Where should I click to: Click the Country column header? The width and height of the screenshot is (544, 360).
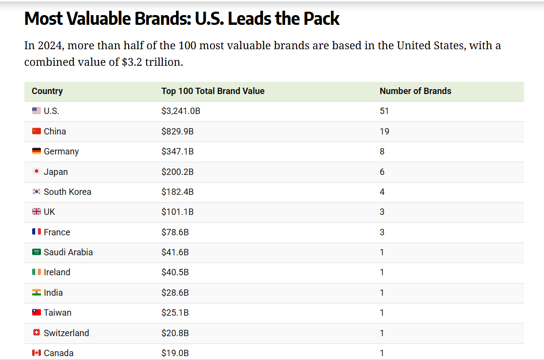point(47,91)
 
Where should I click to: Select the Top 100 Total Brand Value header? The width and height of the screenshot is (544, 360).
point(213,91)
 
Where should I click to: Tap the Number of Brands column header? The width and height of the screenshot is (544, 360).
point(415,91)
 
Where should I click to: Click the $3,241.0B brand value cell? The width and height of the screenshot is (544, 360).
point(181,111)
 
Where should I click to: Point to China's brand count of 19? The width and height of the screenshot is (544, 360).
point(384,132)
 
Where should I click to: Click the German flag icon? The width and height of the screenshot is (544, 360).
point(37,152)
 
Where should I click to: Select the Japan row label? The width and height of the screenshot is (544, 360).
point(56,172)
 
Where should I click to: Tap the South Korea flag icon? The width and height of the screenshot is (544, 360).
point(37,192)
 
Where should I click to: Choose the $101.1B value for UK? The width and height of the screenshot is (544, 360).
point(177,212)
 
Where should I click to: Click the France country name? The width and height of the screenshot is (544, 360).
point(57,232)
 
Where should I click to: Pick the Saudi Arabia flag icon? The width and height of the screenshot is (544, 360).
point(37,252)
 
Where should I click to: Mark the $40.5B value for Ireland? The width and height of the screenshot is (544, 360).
point(175,272)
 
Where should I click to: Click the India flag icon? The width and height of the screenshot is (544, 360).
point(37,293)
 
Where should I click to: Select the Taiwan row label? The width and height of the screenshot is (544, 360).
point(58,313)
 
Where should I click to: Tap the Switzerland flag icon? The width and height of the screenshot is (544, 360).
point(37,333)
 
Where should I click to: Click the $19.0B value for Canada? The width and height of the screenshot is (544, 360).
point(175,353)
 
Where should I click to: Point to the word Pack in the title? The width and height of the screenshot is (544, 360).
point(321,19)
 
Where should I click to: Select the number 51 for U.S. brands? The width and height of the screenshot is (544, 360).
point(384,111)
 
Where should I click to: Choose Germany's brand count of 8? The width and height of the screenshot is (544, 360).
point(382,152)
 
